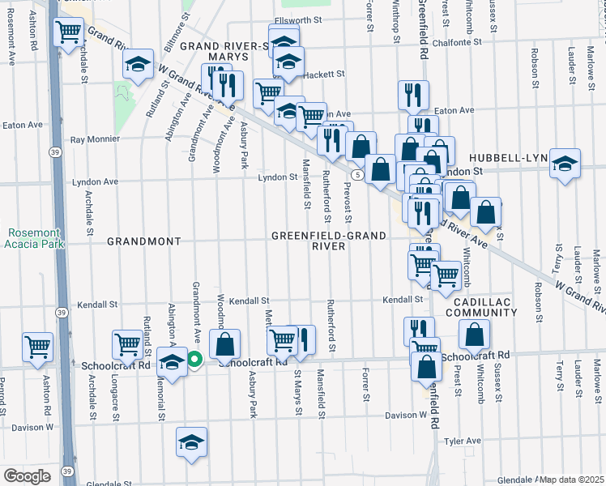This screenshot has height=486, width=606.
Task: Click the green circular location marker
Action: [x=194, y=360]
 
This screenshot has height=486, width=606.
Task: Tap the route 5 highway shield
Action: [x=356, y=174]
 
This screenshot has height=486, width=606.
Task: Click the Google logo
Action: [x=27, y=475]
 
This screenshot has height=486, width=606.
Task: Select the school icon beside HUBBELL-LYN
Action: [x=565, y=164]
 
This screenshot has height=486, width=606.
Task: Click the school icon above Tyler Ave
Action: [x=191, y=442]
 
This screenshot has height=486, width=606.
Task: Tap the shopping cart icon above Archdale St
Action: [x=69, y=32]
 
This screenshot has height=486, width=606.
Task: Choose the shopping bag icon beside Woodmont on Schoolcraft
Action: [x=225, y=345]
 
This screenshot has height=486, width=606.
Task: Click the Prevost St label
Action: [x=347, y=204]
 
